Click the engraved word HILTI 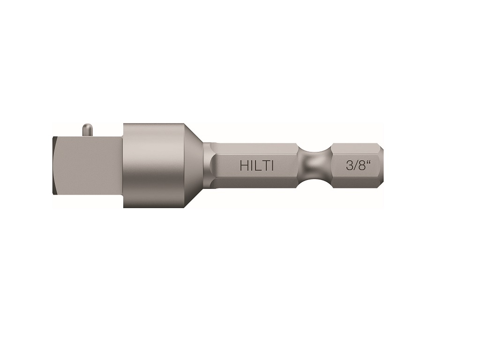[x=256, y=166]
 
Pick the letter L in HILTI [x=259, y=166]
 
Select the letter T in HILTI [x=266, y=166]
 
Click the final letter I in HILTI [x=272, y=166]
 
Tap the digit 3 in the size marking [x=349, y=166]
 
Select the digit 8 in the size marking [x=361, y=166]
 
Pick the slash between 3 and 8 [x=355, y=166]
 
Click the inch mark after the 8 [x=368, y=162]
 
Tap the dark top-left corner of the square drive [x=54, y=140]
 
